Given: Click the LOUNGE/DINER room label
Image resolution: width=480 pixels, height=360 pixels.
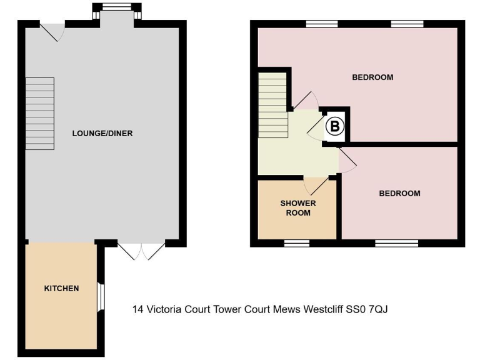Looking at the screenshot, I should (x=102, y=133).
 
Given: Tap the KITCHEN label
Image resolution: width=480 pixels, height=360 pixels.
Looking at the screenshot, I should (x=61, y=288).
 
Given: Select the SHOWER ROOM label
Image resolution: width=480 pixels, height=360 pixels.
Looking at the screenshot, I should (x=298, y=208).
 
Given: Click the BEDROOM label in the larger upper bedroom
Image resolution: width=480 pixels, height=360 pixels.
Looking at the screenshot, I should (x=372, y=77).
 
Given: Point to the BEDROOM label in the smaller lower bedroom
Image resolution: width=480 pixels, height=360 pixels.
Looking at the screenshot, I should (x=399, y=193).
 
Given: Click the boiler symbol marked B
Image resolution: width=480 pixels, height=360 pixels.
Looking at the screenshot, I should (x=336, y=127).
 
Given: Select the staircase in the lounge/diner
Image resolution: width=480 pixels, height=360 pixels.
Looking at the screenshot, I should (x=39, y=114).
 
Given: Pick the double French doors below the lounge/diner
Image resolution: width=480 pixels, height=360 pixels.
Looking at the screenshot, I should (x=141, y=250).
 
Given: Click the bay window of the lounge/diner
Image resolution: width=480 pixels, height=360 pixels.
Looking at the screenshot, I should (x=114, y=9).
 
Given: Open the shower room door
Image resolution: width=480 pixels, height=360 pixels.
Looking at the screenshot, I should (x=316, y=184).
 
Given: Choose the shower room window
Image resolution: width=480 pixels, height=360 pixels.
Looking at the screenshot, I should (x=297, y=242).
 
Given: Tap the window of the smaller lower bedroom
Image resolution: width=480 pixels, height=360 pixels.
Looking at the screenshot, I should (x=396, y=242).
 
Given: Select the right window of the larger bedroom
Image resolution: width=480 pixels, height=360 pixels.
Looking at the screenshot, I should (x=407, y=24).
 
